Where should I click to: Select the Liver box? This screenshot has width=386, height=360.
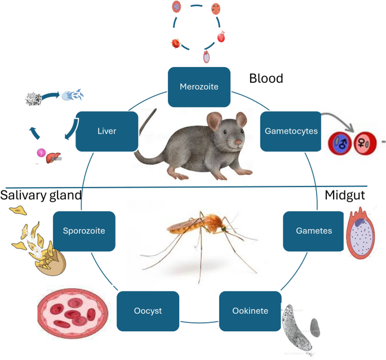click(107, 131)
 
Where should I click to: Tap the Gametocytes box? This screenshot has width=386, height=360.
click(290, 131)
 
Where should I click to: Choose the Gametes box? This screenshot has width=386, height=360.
click(313, 231)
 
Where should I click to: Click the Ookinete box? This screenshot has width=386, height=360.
click(250, 311)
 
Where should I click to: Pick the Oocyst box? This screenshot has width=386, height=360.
click(148, 311)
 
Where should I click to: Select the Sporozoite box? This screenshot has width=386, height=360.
click(85, 231)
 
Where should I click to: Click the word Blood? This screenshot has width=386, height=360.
click(266, 78)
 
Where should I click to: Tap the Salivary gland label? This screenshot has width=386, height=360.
click(41, 195)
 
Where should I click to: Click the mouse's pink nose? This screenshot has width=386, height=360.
click(239, 143)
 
